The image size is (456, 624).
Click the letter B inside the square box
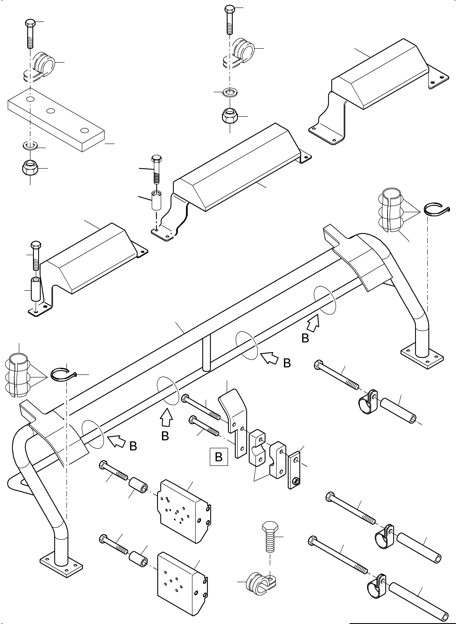[x=219, y=457]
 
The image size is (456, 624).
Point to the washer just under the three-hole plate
[x=30, y=145]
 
